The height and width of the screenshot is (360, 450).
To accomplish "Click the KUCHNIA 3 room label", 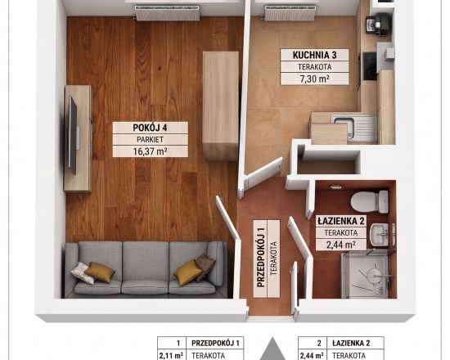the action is [x=314, y=55].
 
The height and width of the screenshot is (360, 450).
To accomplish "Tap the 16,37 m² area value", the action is [x=150, y=151].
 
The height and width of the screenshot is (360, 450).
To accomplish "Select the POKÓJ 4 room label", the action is [x=150, y=128].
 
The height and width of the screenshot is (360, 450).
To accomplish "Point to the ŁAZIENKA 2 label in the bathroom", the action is [x=341, y=221].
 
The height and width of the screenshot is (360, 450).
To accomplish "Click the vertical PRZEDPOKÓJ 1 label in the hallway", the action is [x=260, y=259].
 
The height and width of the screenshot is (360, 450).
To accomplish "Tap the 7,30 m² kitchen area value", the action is [x=314, y=79].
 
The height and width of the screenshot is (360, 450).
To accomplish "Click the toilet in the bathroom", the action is [x=369, y=201].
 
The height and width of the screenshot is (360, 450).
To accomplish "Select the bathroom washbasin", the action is [x=379, y=234].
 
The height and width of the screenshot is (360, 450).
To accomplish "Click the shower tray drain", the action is [x=375, y=276].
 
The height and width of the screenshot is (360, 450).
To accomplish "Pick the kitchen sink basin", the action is [x=345, y=127].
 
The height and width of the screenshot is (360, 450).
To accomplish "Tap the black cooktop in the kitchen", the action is [x=370, y=66].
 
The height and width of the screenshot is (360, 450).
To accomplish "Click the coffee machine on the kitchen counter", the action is [x=378, y=24].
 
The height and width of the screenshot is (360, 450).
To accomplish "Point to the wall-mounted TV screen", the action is [x=72, y=135].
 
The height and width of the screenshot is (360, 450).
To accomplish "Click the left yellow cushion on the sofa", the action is [x=100, y=272].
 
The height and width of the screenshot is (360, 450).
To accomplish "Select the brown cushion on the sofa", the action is [x=205, y=266].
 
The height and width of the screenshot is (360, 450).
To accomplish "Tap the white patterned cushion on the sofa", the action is [x=83, y=273].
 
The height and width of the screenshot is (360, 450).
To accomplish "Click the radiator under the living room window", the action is [x=167, y=13].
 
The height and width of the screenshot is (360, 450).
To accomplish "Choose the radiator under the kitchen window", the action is [x=290, y=13].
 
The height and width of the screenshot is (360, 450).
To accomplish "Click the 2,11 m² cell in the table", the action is [x=171, y=355].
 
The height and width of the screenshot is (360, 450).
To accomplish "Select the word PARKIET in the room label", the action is [x=150, y=140].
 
